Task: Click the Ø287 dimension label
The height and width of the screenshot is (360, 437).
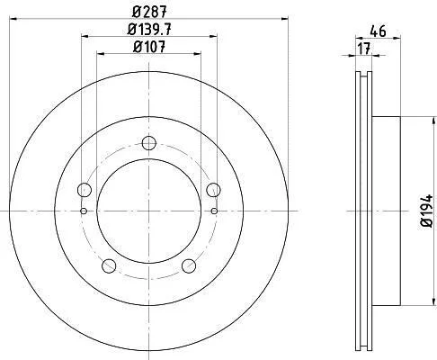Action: click(149, 12)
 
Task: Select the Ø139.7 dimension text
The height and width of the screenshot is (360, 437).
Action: click(149, 30)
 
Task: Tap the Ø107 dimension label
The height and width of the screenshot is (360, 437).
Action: click(149, 47)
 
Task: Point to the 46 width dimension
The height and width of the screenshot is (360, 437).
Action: click(378, 31)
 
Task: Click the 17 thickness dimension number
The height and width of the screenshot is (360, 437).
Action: click(364, 49)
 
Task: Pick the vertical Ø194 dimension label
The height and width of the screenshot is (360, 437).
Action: click(427, 211)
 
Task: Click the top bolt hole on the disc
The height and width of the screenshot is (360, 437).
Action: click(149, 143)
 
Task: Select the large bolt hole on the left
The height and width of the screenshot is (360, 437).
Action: click(85, 190)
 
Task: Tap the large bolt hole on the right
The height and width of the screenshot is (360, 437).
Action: click(214, 190)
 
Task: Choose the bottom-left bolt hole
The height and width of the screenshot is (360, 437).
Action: click(109, 265)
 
